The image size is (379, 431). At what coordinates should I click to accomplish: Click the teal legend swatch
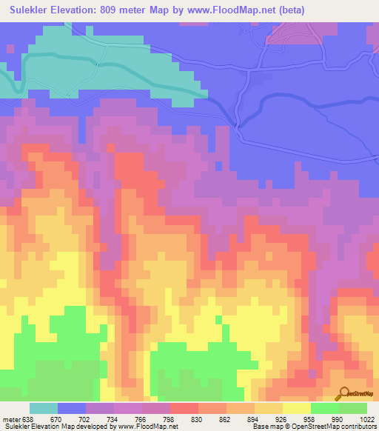click(44, 408)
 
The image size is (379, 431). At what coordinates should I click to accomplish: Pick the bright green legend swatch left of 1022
click(353, 408)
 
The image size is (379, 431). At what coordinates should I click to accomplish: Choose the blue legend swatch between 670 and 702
click(72, 408)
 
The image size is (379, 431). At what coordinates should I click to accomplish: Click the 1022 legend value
click(366, 418)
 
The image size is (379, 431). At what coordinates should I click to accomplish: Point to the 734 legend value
click(114, 418)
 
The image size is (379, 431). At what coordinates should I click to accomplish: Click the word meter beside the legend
click(10, 418)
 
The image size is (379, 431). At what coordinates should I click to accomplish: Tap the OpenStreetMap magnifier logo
click(343, 393)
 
